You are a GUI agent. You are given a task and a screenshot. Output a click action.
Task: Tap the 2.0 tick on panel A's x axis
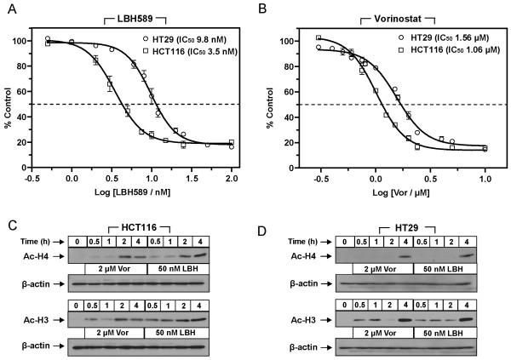click(231, 180)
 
